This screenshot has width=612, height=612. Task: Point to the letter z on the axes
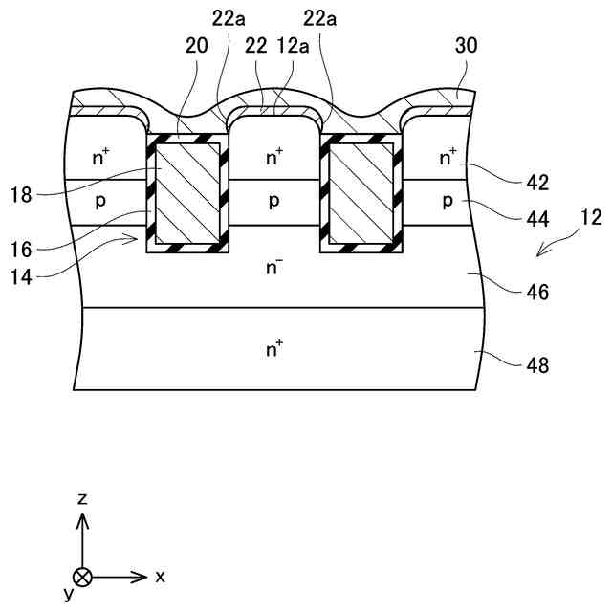(83, 499)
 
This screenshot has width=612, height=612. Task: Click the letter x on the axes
(161, 577)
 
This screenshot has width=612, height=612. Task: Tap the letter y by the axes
(68, 594)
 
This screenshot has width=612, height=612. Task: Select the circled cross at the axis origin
(83, 577)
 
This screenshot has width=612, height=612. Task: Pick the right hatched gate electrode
(362, 192)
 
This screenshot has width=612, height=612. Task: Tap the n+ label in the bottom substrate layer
(275, 350)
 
